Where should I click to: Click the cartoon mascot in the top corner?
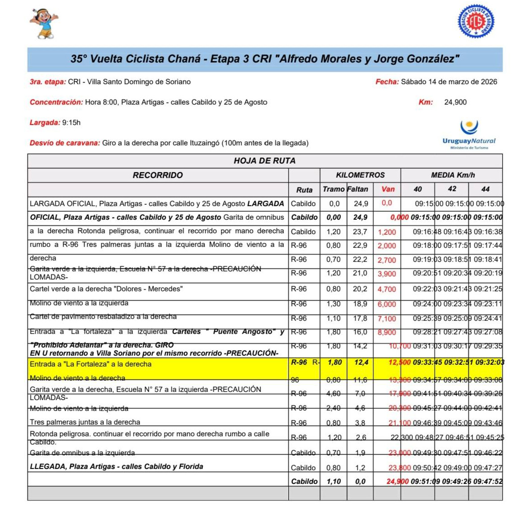point(44,23)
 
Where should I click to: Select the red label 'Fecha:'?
point(387,82)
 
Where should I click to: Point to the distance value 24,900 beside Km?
point(455,102)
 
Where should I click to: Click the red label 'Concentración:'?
point(56,102)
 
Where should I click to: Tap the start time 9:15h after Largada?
point(71,123)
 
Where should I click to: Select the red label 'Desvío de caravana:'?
point(65,143)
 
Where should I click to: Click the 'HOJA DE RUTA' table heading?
point(264,161)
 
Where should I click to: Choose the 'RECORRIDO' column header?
point(157,175)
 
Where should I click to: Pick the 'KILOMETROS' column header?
point(360,175)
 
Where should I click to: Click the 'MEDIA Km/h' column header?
point(452,175)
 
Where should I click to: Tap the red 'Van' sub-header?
point(388,189)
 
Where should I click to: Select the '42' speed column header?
point(452,189)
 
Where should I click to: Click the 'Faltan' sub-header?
point(358,189)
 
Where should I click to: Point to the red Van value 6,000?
point(387,305)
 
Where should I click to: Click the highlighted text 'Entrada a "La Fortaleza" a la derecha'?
point(91,364)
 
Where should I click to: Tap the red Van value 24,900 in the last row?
point(398,482)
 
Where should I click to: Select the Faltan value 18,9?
point(360,304)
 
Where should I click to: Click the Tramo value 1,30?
point(334,304)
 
